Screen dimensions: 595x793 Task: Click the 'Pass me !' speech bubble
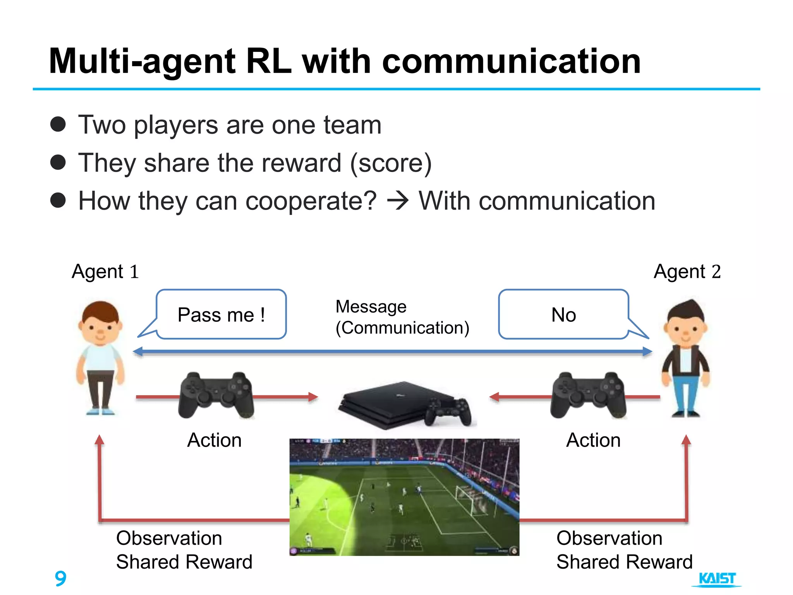pos(221,315)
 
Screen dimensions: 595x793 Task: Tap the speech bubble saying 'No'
pos(563,315)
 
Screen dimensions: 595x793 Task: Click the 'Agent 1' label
pos(105,272)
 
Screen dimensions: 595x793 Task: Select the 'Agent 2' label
pos(687,272)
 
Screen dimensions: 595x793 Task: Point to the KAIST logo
pos(717,579)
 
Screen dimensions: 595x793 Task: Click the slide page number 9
pos(60,578)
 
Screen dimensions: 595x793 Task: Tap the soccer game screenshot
pos(404,497)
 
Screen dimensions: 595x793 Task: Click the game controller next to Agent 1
pos(216,395)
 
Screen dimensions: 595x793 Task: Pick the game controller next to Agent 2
pos(588,395)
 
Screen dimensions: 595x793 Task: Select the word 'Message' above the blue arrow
pos(371,307)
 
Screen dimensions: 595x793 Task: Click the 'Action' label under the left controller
pos(215,440)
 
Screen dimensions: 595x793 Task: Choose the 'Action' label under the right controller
pos(593,440)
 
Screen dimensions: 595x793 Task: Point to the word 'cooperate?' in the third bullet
pos(311,201)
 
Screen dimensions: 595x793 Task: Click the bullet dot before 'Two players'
pos(58,124)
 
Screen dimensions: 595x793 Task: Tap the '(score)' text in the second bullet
pos(391,163)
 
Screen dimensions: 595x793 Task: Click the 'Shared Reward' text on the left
pos(184,562)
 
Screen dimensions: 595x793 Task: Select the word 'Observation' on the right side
pos(609,538)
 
